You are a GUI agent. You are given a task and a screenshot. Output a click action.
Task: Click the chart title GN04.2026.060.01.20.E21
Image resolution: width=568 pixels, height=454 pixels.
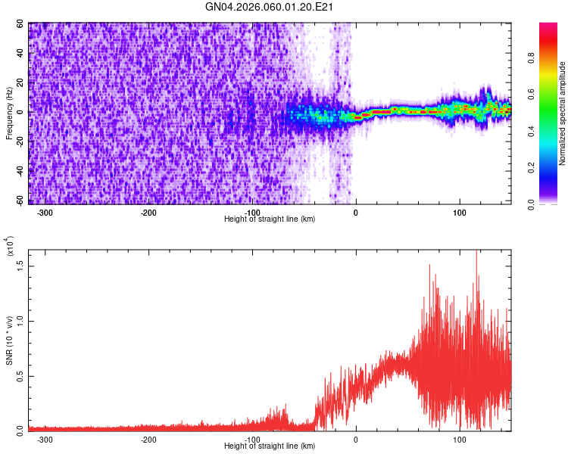[x=270, y=7]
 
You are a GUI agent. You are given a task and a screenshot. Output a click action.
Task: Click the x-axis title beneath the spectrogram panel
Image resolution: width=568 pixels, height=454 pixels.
[x=270, y=219]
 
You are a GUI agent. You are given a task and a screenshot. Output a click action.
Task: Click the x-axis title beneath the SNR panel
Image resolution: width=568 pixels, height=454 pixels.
[x=270, y=446]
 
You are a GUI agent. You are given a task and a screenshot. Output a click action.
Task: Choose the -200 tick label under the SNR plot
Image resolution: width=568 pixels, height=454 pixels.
[x=148, y=439]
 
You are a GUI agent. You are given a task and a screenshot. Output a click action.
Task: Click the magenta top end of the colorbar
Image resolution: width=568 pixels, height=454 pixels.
[x=548, y=26]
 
